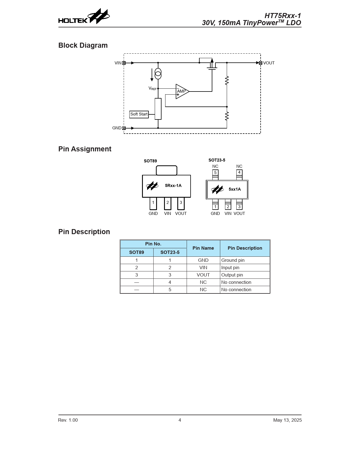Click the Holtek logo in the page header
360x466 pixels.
(x=84, y=17)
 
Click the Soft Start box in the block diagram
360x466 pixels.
(x=139, y=114)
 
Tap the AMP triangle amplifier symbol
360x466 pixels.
(x=182, y=92)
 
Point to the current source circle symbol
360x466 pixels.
(x=158, y=74)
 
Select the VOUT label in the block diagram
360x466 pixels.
(x=269, y=63)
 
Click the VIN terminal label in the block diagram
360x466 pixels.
(x=118, y=63)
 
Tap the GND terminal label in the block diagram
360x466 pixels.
(x=117, y=128)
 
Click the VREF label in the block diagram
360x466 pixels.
(x=152, y=89)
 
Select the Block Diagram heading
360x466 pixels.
(x=83, y=45)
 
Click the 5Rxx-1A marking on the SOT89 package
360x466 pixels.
(x=173, y=186)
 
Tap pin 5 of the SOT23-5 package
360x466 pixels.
(x=215, y=173)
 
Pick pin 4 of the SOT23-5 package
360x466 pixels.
(x=239, y=173)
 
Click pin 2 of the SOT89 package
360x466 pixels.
(x=167, y=203)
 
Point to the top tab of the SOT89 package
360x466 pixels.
(x=167, y=170)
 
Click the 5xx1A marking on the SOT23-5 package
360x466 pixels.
(x=235, y=189)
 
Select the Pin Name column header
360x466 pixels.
(x=203, y=248)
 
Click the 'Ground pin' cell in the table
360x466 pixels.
(x=233, y=260)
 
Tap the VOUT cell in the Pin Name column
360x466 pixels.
(x=203, y=275)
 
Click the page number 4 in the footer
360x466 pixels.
(x=180, y=420)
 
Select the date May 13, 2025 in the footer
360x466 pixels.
(x=287, y=420)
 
